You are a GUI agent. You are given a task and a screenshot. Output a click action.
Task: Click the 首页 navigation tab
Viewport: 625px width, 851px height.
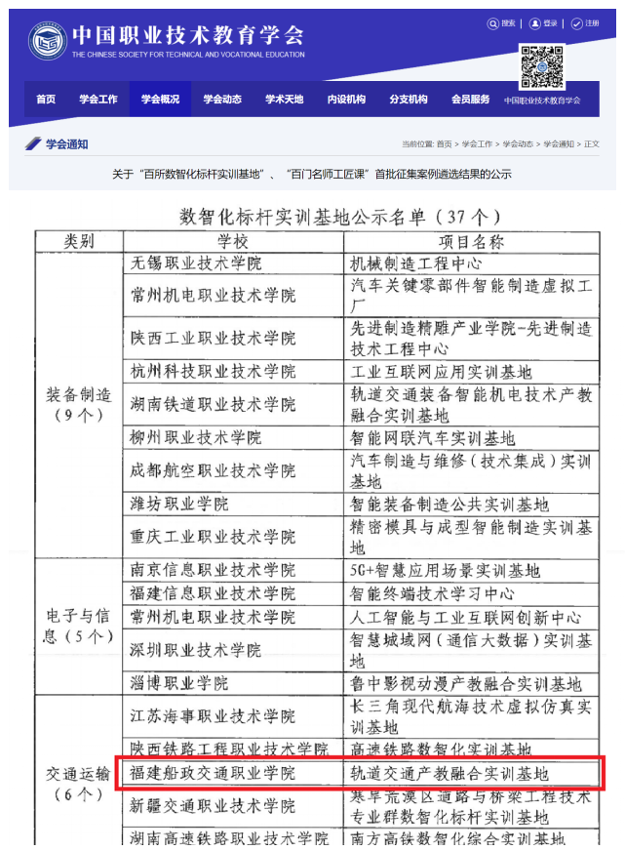[x=46, y=99]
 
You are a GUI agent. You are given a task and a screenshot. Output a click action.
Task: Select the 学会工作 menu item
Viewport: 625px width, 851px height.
[x=98, y=99]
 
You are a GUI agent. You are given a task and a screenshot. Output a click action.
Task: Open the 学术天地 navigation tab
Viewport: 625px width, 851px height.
[x=284, y=99]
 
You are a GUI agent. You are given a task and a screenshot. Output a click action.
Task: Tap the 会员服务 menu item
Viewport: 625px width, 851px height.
[x=470, y=99]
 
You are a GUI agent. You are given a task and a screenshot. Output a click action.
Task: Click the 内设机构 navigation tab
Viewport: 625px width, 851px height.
[x=346, y=99]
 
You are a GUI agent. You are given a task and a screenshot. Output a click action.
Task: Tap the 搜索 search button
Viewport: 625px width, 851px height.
[x=502, y=23]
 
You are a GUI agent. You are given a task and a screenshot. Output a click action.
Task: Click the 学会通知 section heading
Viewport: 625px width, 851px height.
[x=65, y=144]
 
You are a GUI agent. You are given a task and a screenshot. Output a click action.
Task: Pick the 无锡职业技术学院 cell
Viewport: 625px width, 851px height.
[x=196, y=263]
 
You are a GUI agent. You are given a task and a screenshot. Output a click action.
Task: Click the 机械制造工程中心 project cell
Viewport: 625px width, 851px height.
[x=415, y=263]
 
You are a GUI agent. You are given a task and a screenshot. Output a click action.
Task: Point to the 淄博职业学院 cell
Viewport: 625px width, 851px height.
[x=179, y=683]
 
